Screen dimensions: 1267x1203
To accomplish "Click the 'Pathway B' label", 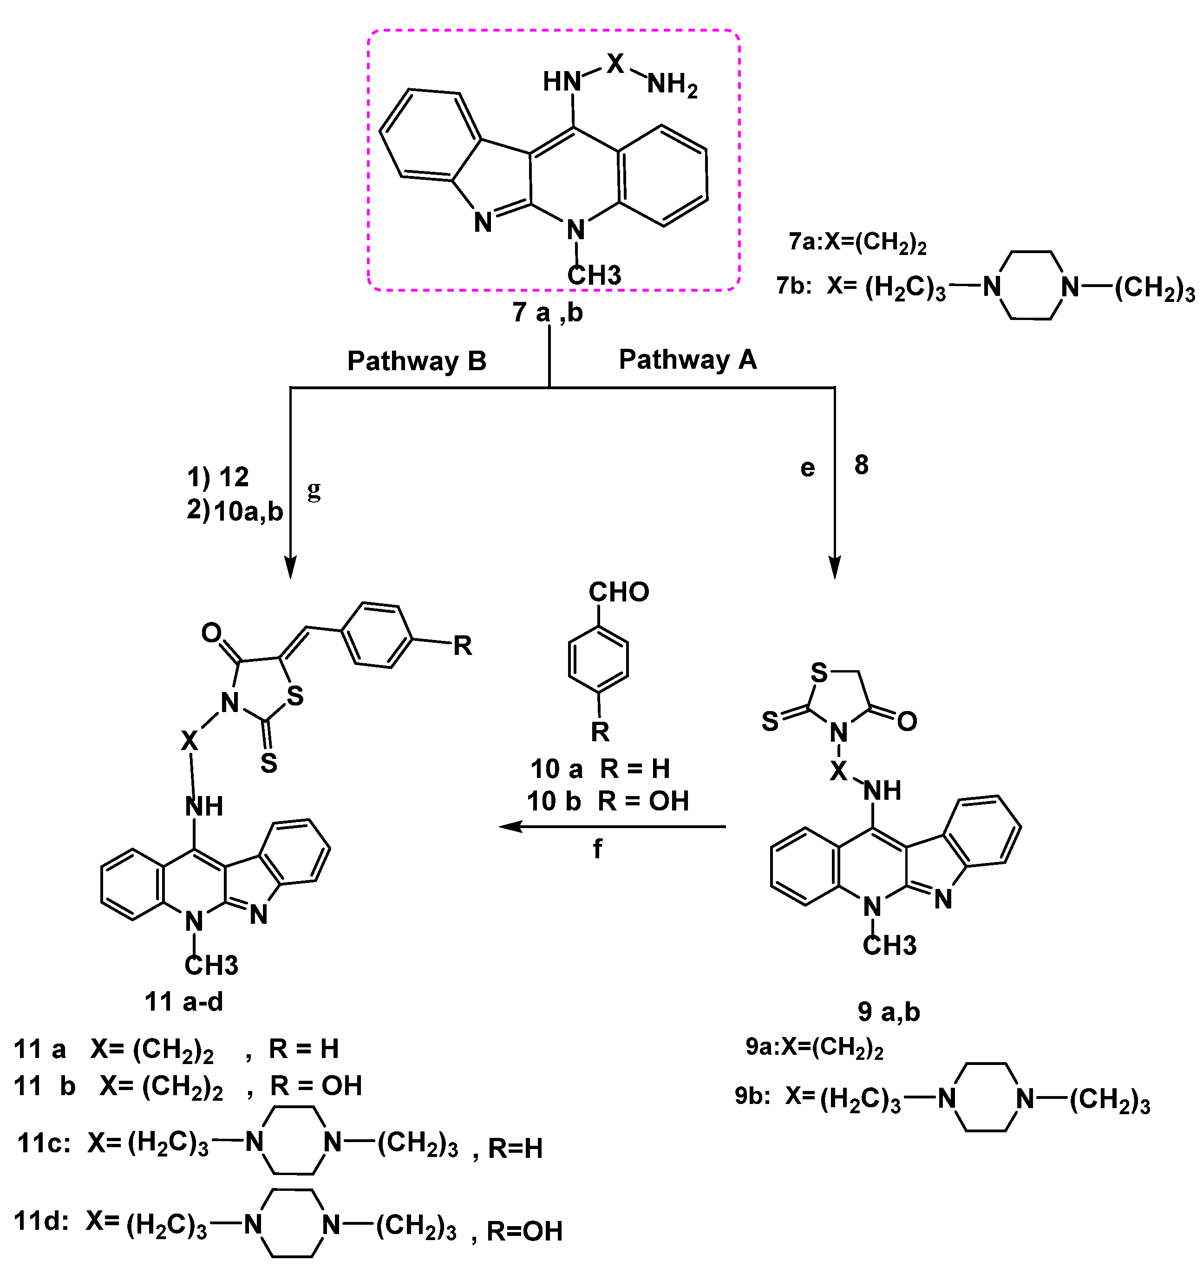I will point(417,361).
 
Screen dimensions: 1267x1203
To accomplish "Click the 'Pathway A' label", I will point(687,359).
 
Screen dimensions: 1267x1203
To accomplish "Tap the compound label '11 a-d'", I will point(184,1001).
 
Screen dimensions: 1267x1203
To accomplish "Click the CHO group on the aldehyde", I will point(619,592).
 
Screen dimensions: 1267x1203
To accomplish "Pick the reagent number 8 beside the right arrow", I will point(861,465).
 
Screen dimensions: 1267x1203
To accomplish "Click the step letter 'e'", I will point(807,468).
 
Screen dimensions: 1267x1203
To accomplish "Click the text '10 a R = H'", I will point(600,768).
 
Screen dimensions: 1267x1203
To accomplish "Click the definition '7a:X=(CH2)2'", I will point(857,242).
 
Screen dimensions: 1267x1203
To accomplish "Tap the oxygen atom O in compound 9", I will point(907,721).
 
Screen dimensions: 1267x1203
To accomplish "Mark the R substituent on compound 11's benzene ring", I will point(462,646).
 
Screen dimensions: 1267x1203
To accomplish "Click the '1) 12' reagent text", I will point(217,477).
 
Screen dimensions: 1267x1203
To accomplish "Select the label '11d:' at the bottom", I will point(42,1221).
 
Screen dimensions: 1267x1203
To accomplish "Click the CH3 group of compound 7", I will point(594,275).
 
